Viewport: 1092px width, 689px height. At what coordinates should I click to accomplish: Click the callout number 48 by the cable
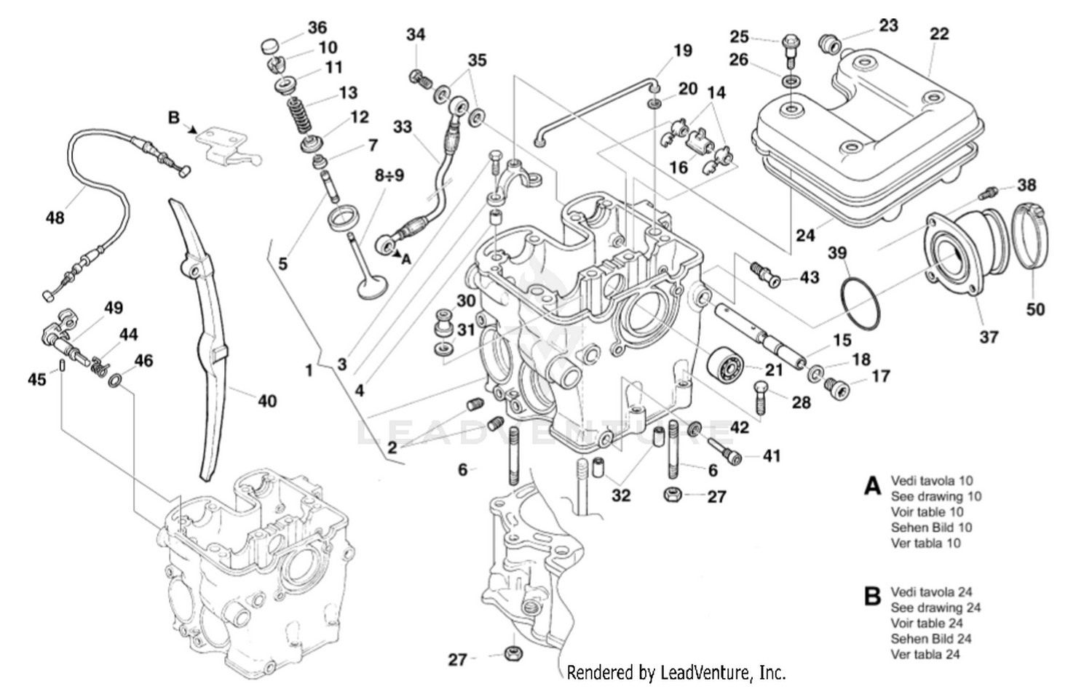(x=55, y=217)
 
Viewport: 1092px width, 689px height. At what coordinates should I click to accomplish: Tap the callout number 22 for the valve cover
(x=939, y=33)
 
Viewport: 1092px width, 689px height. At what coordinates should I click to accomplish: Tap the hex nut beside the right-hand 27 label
(x=672, y=495)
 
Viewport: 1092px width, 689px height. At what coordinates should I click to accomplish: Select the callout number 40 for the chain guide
(x=267, y=400)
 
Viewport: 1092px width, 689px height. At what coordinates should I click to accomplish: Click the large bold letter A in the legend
(x=872, y=485)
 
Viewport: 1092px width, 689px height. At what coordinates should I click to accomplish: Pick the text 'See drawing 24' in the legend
(x=935, y=607)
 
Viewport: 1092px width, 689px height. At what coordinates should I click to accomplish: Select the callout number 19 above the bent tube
(x=682, y=50)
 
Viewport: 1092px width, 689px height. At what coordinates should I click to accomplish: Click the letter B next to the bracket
(x=173, y=116)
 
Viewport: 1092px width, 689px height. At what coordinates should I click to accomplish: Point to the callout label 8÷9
(x=389, y=176)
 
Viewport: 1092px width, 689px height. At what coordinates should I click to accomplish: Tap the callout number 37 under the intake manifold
(x=988, y=337)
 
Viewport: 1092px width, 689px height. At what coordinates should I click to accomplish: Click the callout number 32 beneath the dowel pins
(x=620, y=495)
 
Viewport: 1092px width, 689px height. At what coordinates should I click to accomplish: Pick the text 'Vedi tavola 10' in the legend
(x=931, y=481)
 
